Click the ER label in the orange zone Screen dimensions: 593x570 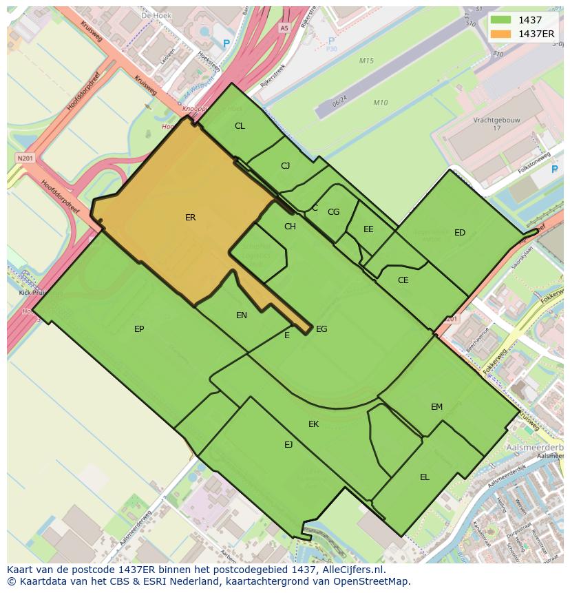pos(191,218)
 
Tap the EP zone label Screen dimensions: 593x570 pos(139,329)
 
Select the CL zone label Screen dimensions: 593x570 pos(240,126)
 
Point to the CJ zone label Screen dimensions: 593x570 pos(286,166)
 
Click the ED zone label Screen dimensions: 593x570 pos(460,233)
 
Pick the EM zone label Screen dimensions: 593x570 pos(436,407)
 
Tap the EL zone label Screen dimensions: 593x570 pos(425,477)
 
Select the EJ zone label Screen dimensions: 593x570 pos(288,445)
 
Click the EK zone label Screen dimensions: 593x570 pos(313,424)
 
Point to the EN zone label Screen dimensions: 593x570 pos(242,315)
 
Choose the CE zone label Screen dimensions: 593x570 pos(403,280)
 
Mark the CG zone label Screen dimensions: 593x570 pos(333,212)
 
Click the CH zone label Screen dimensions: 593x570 pos(290,227)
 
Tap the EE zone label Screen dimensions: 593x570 pos(368,229)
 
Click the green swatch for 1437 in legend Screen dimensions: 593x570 pos(501,20)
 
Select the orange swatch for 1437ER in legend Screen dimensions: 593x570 pos(501,33)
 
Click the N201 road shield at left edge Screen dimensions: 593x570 pos(25,158)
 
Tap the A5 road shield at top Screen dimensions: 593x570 pos(284,28)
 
